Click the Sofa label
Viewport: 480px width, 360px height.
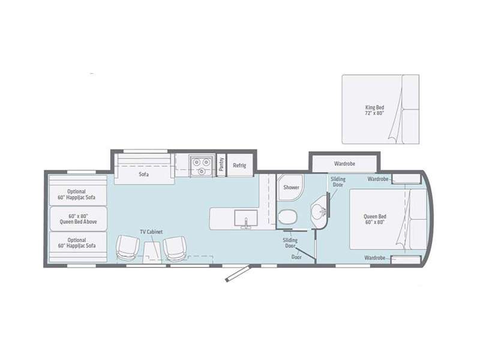pyautogui.click(x=143, y=174)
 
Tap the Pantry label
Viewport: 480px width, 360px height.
pyautogui.click(x=221, y=164)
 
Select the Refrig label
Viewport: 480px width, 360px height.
pyautogui.click(x=239, y=166)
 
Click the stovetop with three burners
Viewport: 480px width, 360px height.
pyautogui.click(x=200, y=166)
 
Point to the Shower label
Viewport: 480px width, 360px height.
pyautogui.click(x=291, y=187)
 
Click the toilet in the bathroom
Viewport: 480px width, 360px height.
pyautogui.click(x=288, y=217)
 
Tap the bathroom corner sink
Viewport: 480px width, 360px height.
pyautogui.click(x=320, y=211)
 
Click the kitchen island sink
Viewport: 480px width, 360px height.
pyautogui.click(x=246, y=218)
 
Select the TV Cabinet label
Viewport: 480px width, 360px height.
pyautogui.click(x=151, y=232)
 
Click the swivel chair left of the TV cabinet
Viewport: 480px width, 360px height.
pyautogui.click(x=127, y=248)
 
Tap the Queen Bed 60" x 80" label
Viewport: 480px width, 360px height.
pyautogui.click(x=374, y=219)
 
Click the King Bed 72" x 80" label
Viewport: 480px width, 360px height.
pyautogui.click(x=374, y=110)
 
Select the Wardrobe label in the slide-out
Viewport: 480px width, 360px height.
pyautogui.click(x=344, y=164)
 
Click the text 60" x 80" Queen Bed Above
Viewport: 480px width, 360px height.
pyautogui.click(x=79, y=219)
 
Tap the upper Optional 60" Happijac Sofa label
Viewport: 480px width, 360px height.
pyautogui.click(x=77, y=194)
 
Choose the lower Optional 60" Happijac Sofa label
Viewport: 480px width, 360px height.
pyautogui.click(x=77, y=243)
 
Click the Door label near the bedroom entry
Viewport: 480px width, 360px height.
pyautogui.click(x=296, y=257)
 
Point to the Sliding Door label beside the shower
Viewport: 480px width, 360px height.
pyautogui.click(x=338, y=182)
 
